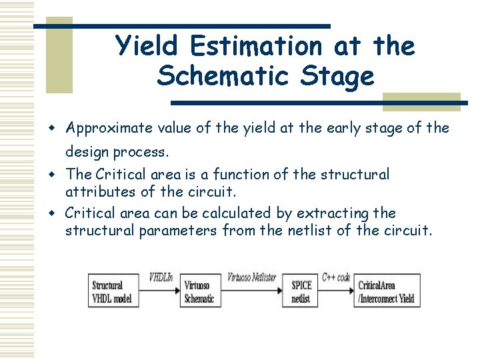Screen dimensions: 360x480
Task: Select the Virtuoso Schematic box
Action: [200, 291]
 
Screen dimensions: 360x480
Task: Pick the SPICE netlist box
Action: [302, 291]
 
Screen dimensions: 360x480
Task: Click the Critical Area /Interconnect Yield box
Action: [387, 291]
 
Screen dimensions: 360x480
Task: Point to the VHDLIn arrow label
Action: [161, 277]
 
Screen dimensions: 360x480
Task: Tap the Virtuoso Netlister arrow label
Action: [252, 277]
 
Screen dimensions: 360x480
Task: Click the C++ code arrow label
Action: [336, 277]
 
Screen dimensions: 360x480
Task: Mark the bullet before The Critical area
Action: [58, 175]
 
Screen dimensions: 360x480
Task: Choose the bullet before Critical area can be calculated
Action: [58, 213]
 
